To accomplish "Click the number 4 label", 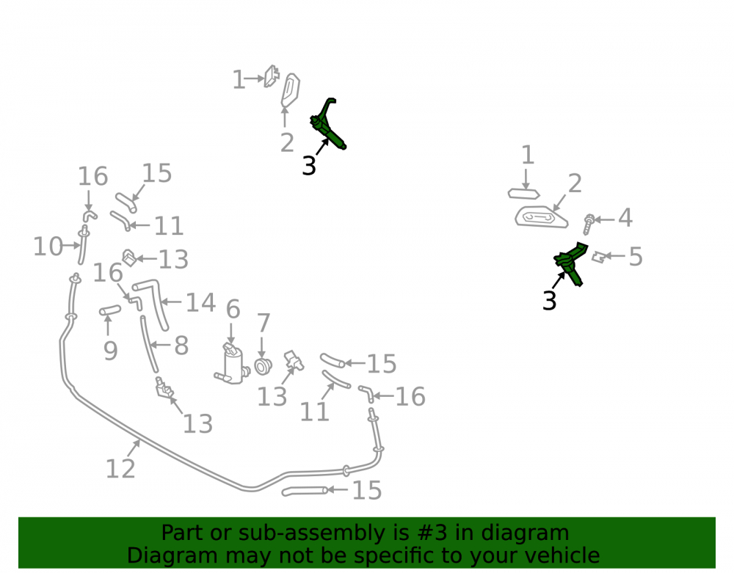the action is [x=625, y=218].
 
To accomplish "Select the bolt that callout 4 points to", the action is [x=589, y=224].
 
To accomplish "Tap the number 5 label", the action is [x=635, y=257].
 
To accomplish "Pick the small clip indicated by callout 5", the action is [x=598, y=257].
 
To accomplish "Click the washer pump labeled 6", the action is [x=232, y=364].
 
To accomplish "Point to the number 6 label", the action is [x=233, y=310].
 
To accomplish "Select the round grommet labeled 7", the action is [x=263, y=366].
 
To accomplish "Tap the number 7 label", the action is [x=264, y=323].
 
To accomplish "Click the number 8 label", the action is [x=181, y=346].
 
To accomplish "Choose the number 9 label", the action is [x=111, y=351].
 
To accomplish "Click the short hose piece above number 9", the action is [x=110, y=310].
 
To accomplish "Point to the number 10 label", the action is [x=48, y=247].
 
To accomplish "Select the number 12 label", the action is [x=120, y=469].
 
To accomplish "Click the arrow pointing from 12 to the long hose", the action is [x=133, y=448].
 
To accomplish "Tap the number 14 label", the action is [x=201, y=302].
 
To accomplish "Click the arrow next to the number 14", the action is [x=171, y=302].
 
